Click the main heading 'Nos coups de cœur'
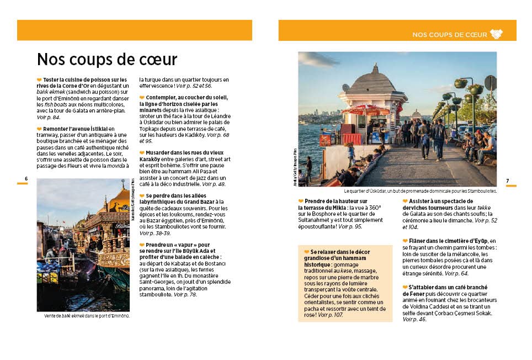point(107,60)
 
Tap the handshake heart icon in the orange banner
point(496,34)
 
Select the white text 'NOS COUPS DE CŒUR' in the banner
point(449,35)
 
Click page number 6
point(26,178)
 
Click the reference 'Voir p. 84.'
point(49,118)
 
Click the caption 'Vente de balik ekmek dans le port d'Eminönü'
point(87,316)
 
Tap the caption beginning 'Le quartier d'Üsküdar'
point(420,191)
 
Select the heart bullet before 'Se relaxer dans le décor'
point(306,252)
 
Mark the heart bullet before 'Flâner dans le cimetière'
point(406,241)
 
